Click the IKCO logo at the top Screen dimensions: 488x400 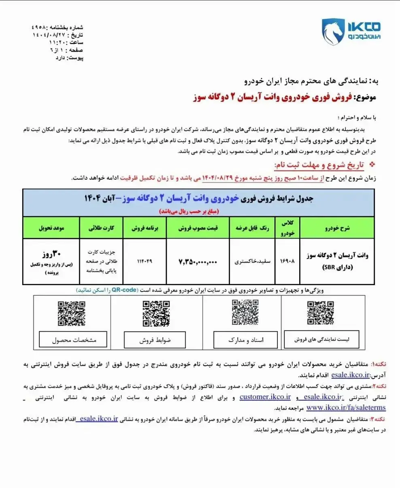[351, 31]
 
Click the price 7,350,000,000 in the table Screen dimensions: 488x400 [198, 262]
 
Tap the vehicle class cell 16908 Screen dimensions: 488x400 [287, 261]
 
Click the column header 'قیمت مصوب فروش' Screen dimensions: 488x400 [198, 228]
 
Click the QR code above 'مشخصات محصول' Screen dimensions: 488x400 [71, 314]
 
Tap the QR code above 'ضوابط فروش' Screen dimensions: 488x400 [156, 313]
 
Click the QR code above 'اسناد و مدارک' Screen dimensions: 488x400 [245, 312]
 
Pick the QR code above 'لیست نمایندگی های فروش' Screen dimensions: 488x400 [320, 312]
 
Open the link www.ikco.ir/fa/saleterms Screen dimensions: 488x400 [346, 407]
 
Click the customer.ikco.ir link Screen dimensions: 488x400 [266, 397]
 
